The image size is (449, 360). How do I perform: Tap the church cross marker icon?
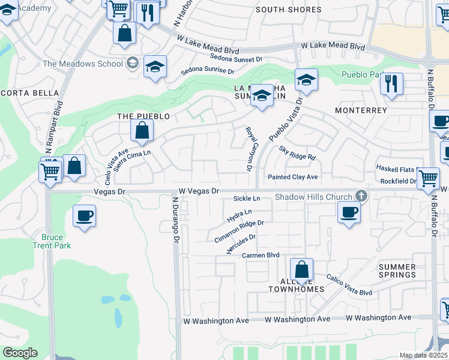coord(361,196)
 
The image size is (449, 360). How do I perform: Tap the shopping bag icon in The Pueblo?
coord(141,130)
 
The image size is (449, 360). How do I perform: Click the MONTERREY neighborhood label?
coord(361,111)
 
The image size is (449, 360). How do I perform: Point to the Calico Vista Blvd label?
coord(349,285)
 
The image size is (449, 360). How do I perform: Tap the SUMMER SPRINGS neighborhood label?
coord(397,271)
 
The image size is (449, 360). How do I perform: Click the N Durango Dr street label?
coord(176,221)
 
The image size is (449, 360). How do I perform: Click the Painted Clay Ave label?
coord(292,177)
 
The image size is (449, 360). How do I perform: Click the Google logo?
coord(20,353)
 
